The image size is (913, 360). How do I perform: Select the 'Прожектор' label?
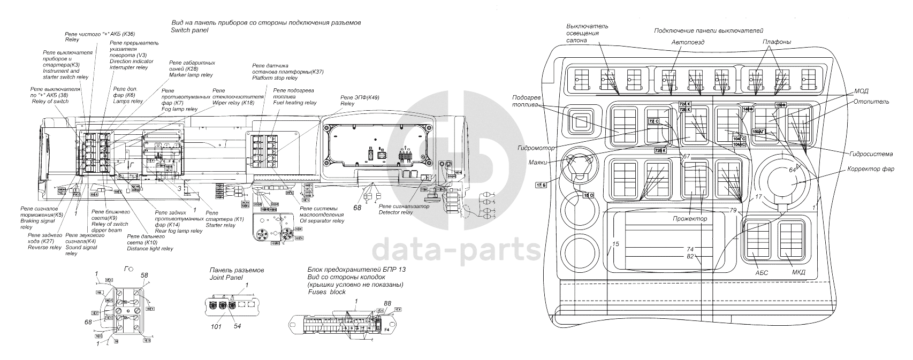[x=690, y=219]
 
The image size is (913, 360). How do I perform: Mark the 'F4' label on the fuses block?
[x=387, y=330]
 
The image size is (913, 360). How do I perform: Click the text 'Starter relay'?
[x=220, y=225]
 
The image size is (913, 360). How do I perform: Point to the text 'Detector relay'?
[x=395, y=212]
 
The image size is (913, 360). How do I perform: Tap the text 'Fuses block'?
[x=326, y=292]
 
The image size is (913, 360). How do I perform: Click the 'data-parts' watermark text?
[x=456, y=248]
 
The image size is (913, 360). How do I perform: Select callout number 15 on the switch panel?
[x=615, y=244]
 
